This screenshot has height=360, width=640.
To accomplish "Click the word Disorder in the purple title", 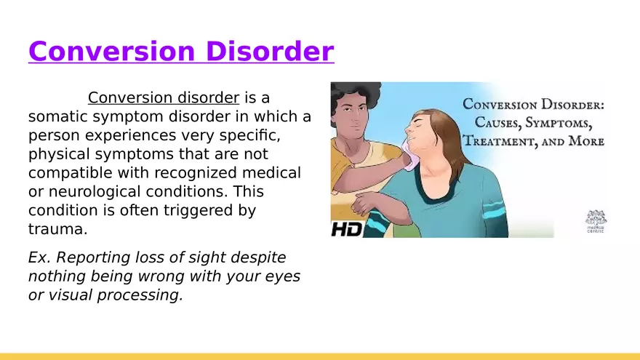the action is [x=270, y=51].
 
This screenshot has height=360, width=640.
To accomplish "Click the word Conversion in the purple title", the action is [x=112, y=51].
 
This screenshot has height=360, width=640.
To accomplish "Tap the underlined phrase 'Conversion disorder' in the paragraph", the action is [x=163, y=98].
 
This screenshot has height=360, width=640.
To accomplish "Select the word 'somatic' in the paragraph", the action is [x=58, y=117].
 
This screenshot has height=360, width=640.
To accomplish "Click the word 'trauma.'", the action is [x=58, y=229].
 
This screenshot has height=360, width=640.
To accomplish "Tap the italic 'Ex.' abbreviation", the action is [x=39, y=257].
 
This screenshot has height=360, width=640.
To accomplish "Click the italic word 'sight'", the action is [x=205, y=258].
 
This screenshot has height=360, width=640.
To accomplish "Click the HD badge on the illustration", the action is [x=346, y=229].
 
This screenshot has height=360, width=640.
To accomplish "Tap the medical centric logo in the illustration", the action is [x=596, y=222].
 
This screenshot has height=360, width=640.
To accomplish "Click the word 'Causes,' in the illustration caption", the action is [x=498, y=123].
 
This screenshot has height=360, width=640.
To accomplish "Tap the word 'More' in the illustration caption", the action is [x=586, y=141].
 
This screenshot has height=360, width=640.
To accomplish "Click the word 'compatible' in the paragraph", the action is [x=71, y=173].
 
